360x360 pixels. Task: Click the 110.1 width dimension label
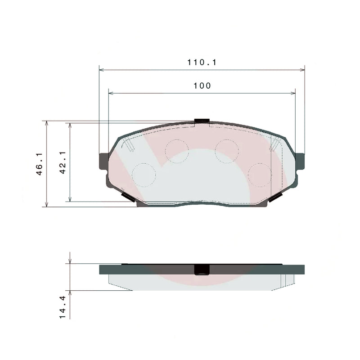202,63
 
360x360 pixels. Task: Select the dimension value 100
202,86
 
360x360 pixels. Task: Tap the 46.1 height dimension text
39,164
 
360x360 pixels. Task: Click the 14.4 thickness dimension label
63,307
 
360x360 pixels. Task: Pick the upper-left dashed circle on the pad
177,151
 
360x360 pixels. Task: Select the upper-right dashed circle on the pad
226,151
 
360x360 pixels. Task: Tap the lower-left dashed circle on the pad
144,174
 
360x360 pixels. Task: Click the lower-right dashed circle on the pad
260,174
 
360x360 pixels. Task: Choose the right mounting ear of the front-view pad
300,161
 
